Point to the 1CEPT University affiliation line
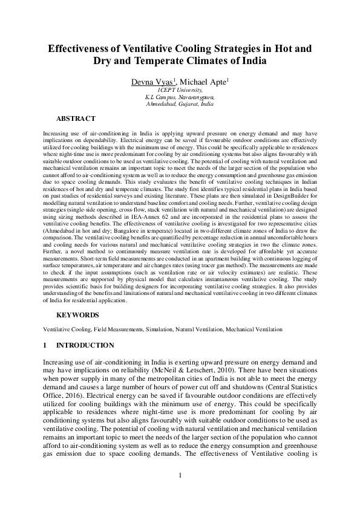[x=180, y=89]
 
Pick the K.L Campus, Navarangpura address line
[x=180, y=97]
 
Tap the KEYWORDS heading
[x=76, y=315]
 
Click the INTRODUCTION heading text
[x=85, y=345]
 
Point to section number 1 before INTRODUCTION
[x=45, y=345]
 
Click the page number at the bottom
[x=180, y=475]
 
